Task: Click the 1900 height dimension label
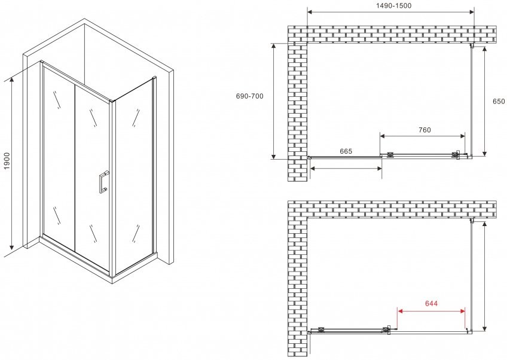pyautogui.click(x=7, y=160)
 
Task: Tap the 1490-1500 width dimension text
pyautogui.click(x=393, y=5)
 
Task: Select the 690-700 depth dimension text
pyautogui.click(x=250, y=96)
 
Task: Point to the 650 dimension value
pyautogui.click(x=499, y=101)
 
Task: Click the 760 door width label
pyautogui.click(x=424, y=130)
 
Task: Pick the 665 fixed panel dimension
pyautogui.click(x=346, y=151)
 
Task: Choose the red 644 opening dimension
pyautogui.click(x=431, y=303)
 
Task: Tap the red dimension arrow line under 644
pyautogui.click(x=431, y=311)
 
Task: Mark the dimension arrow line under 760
pyautogui.click(x=422, y=136)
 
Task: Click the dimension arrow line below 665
pyautogui.click(x=346, y=168)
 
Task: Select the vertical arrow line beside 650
pyautogui.click(x=484, y=102)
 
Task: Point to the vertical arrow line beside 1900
pyautogui.click(x=12, y=164)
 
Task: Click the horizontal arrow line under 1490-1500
pyautogui.click(x=390, y=13)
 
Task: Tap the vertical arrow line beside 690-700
pyautogui.click(x=274, y=101)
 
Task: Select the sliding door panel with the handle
pyautogui.click(x=93, y=177)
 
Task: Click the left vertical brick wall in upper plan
pyautogui.click(x=298, y=112)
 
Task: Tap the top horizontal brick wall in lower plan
pyautogui.click(x=392, y=209)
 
